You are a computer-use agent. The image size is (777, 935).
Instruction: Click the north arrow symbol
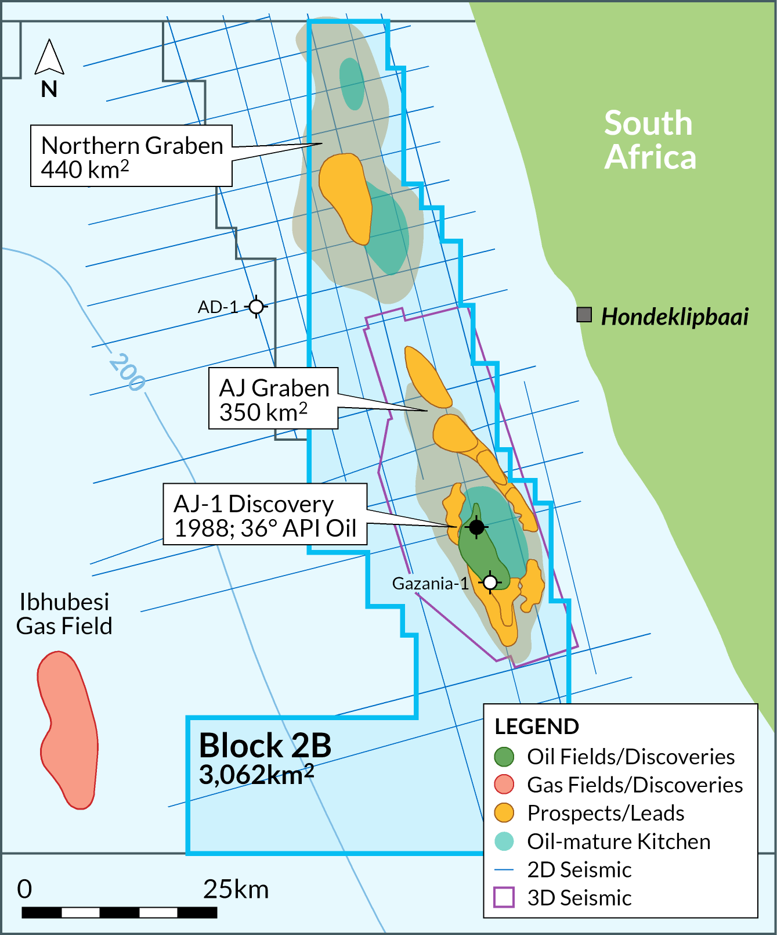(x=49, y=58)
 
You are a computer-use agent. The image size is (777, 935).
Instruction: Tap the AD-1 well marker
(x=256, y=306)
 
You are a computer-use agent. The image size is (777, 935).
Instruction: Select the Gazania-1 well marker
(x=490, y=581)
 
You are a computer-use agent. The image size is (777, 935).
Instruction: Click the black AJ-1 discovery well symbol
(x=476, y=527)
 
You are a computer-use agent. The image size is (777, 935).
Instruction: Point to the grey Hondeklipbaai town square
(x=584, y=315)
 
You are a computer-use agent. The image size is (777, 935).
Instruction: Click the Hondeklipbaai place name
(x=674, y=317)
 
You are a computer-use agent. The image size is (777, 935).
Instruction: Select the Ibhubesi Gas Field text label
(x=64, y=614)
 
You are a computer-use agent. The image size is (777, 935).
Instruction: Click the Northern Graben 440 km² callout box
(x=132, y=156)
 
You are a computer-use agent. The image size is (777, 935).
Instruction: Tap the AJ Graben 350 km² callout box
(x=273, y=399)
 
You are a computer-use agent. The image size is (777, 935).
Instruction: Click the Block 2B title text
(x=265, y=746)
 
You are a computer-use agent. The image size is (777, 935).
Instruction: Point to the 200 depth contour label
(x=127, y=372)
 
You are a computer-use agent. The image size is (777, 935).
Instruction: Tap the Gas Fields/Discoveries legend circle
(x=504, y=785)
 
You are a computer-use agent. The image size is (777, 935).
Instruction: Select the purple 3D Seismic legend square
(x=504, y=897)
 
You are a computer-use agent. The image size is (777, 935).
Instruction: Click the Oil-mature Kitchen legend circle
(x=504, y=841)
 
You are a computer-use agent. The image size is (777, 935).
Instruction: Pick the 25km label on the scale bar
(x=236, y=890)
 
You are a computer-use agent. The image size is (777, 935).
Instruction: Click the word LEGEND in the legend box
(x=537, y=727)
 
